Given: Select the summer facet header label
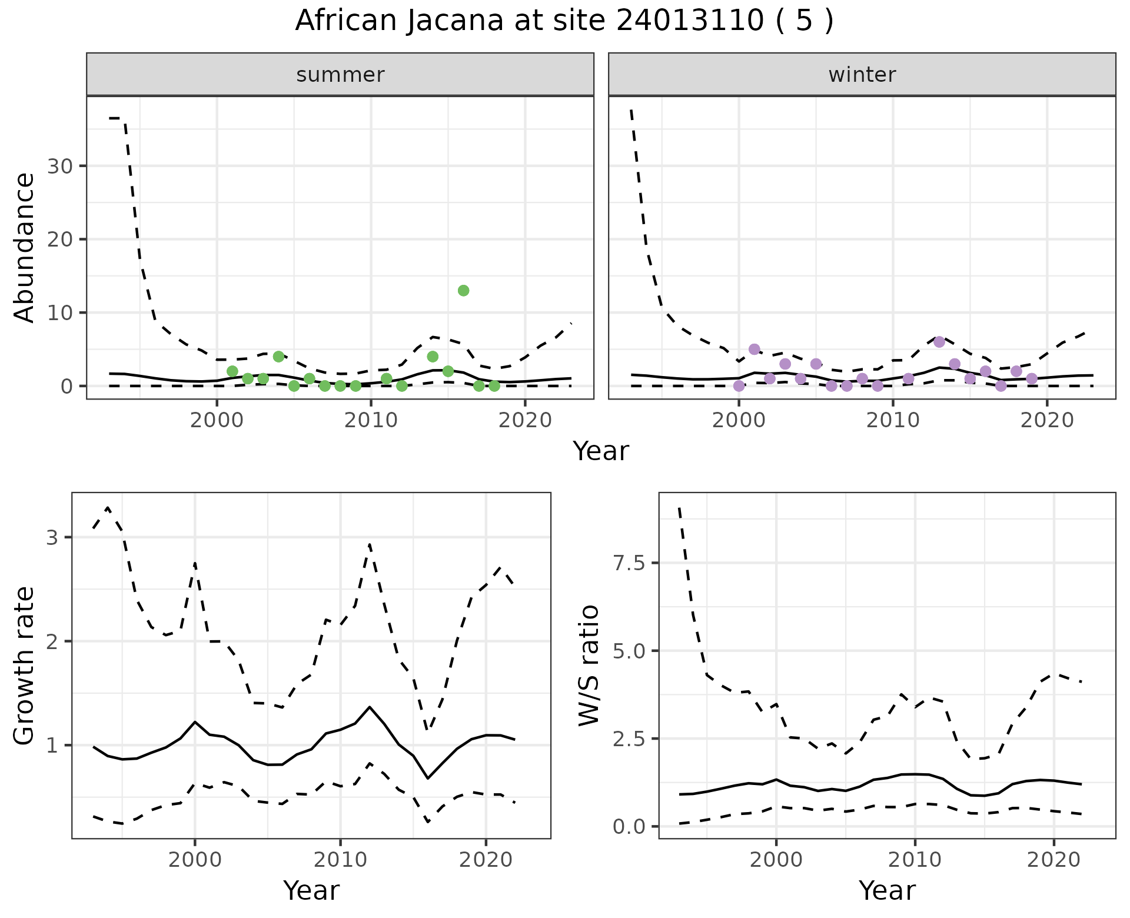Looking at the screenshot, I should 340,75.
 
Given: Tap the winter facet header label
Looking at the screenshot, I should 862,75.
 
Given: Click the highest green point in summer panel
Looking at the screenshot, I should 463,291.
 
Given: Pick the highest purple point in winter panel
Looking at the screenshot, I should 939,342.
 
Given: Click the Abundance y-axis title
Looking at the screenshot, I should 25,247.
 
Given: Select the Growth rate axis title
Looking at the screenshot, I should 25,666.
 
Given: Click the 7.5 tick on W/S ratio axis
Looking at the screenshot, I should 629,563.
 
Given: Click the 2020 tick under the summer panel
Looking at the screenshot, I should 525,420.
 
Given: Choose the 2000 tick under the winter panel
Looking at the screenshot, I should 739,420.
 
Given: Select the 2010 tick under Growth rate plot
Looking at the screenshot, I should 340,860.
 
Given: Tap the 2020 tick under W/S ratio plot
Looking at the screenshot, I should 1053,860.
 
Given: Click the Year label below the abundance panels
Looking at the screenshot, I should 601,451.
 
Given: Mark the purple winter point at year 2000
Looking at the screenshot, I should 739,386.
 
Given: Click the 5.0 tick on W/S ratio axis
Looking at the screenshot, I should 629,651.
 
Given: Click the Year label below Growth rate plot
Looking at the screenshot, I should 311,890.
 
